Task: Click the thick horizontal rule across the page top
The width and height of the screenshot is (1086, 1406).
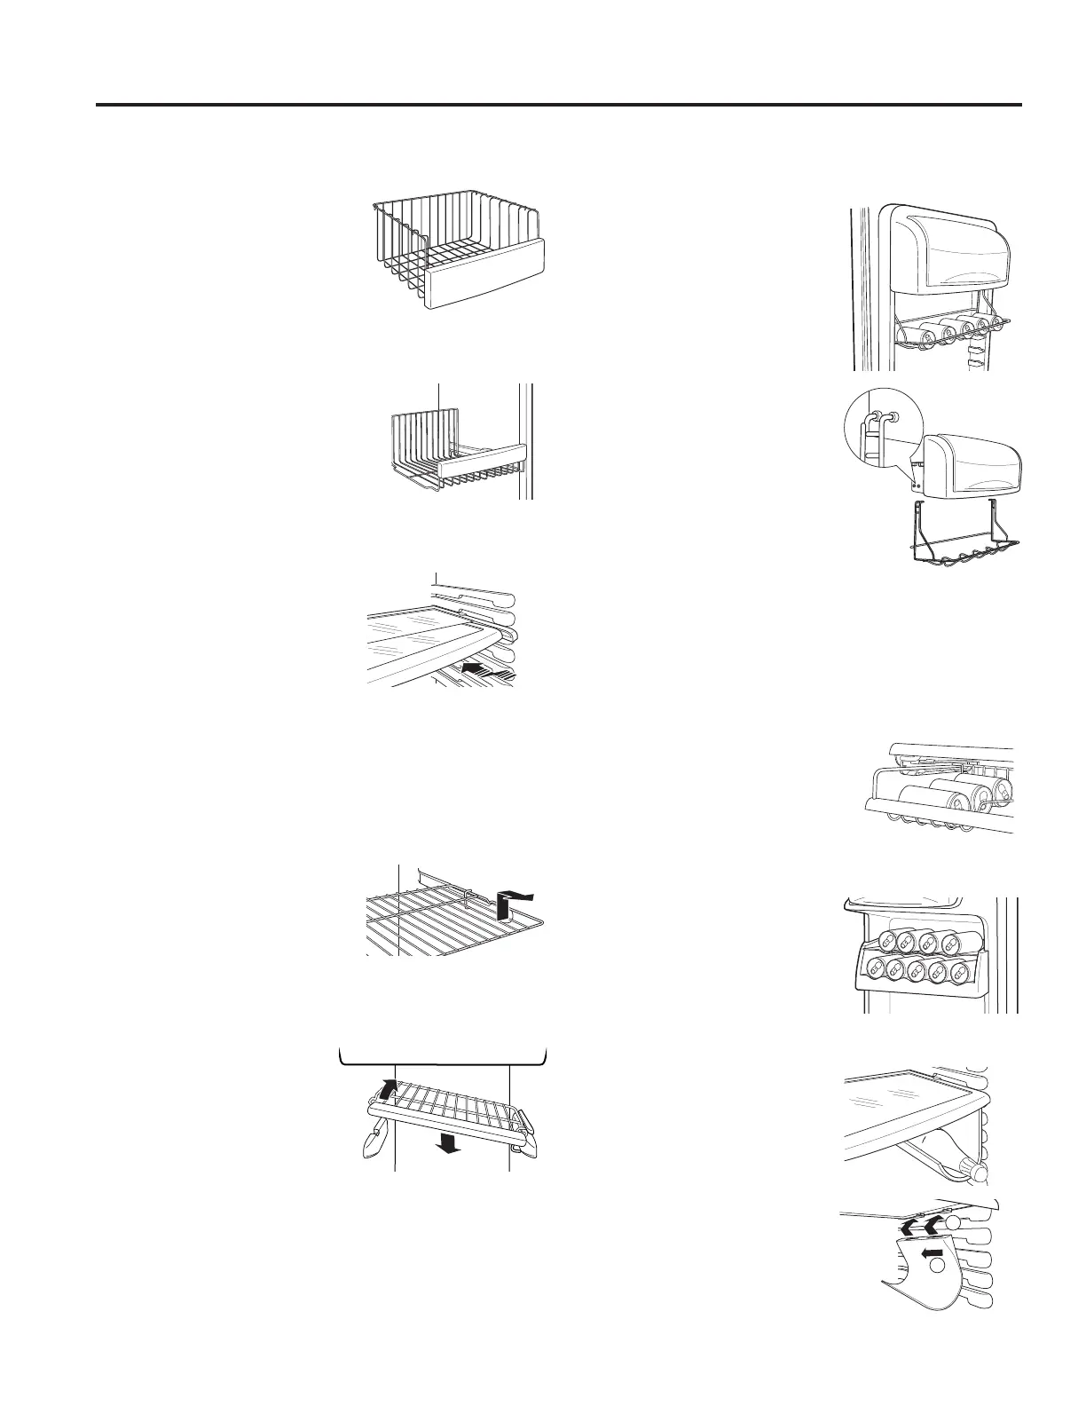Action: coord(559,105)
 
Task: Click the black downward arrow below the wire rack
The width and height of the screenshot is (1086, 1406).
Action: coord(450,1146)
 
